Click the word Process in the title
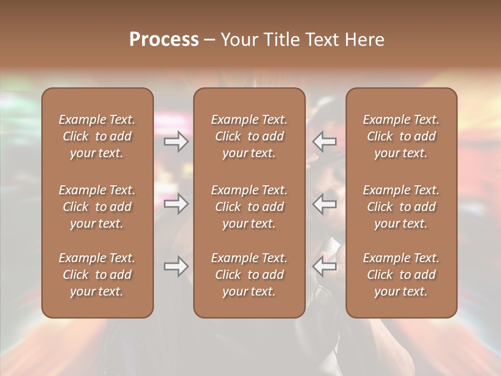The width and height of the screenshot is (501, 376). click(164, 40)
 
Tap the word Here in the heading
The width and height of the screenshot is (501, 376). click(366, 40)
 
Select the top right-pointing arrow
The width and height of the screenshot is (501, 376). click(176, 142)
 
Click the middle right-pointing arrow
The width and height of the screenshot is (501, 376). click(176, 204)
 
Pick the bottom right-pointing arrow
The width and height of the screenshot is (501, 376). click(176, 266)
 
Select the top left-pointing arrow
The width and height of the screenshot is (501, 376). click(324, 142)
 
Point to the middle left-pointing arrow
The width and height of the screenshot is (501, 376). click(324, 204)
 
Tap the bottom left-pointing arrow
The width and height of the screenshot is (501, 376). click(324, 266)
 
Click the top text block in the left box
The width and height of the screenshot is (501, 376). click(97, 136)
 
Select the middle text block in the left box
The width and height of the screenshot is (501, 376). click(97, 207)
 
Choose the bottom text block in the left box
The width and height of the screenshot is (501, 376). click(97, 275)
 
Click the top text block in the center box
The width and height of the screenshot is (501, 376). click(249, 136)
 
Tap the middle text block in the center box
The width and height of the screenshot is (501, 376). click(249, 207)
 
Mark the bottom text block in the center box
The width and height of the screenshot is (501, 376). click(249, 275)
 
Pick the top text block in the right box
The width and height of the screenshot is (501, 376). click(401, 136)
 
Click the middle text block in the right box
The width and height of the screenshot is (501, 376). click(401, 207)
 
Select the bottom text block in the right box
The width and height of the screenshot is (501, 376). click(401, 275)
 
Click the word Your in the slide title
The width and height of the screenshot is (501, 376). click(238, 40)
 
